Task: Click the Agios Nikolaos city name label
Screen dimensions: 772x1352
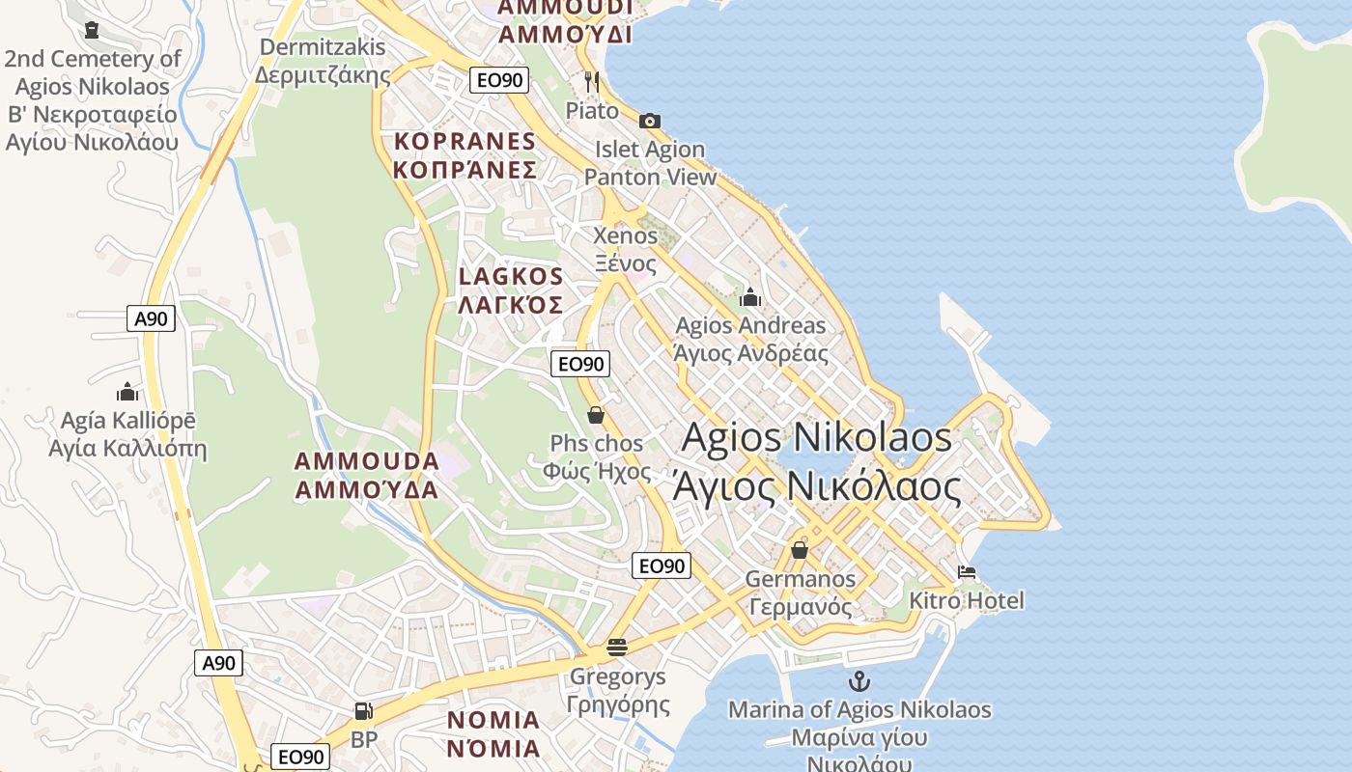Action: (x=817, y=462)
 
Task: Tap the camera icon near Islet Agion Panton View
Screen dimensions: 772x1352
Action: (x=650, y=121)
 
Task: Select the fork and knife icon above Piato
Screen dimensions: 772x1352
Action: (x=592, y=81)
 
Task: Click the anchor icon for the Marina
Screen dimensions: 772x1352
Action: (x=859, y=681)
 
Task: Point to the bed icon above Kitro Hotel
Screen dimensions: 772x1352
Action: (x=967, y=571)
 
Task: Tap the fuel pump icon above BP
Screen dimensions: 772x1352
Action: (x=363, y=711)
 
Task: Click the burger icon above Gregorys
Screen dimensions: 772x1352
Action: (x=617, y=647)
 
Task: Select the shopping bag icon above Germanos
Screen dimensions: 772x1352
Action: (x=800, y=549)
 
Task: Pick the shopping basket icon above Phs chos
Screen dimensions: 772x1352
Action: (x=596, y=415)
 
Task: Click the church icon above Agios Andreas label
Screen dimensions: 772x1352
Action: (x=750, y=296)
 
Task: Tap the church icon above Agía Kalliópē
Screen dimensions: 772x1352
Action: (x=127, y=392)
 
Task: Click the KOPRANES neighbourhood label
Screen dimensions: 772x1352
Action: (x=465, y=155)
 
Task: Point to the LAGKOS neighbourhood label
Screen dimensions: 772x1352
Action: (x=511, y=290)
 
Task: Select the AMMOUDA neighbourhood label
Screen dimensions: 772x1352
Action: (x=367, y=475)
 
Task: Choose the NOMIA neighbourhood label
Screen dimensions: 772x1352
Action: (x=493, y=733)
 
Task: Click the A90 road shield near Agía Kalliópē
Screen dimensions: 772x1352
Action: (x=151, y=318)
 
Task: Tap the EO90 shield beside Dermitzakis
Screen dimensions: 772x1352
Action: (x=499, y=80)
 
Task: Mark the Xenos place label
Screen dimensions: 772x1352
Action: (x=625, y=249)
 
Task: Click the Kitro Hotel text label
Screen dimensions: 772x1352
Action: (x=967, y=600)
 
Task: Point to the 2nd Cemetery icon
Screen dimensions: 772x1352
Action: (x=92, y=30)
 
